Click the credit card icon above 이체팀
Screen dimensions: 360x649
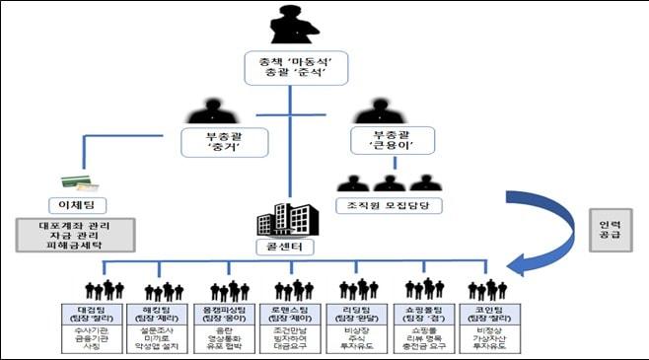(74, 182)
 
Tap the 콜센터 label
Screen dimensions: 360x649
(290, 243)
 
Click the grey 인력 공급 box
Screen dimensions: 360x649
(609, 229)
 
